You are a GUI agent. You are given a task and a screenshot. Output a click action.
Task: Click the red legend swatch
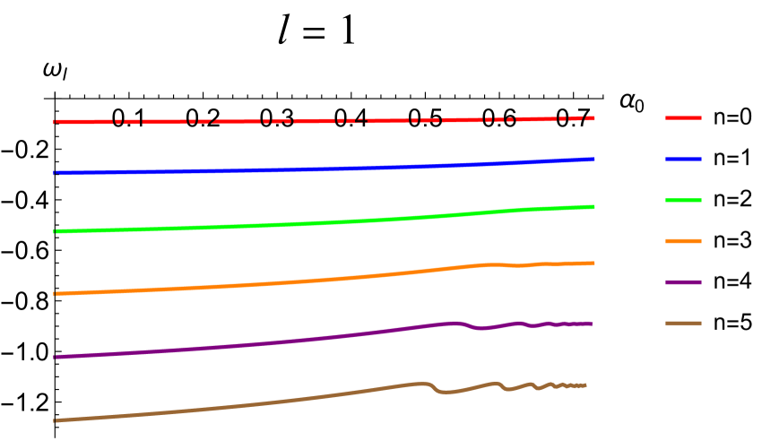[683, 117]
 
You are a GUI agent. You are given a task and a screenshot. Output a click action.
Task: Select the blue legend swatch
[683, 159]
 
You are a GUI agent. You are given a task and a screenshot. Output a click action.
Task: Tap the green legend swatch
[683, 200]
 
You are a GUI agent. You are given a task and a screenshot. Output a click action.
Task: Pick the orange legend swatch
[683, 241]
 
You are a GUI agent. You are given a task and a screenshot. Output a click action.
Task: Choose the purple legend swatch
[683, 282]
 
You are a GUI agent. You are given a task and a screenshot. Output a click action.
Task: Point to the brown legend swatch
[683, 323]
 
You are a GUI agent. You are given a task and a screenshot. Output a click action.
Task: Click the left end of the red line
[56, 122]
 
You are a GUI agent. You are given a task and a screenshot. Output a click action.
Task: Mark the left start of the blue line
[56, 172]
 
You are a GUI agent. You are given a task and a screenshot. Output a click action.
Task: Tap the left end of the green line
[56, 231]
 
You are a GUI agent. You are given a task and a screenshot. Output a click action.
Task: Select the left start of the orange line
[56, 293]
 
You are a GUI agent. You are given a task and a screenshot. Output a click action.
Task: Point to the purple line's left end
[56, 357]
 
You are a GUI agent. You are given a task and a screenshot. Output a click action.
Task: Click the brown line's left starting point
[56, 419]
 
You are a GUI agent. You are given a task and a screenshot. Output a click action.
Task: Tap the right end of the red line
[593, 117]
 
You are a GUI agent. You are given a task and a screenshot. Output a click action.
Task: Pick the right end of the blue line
[593, 159]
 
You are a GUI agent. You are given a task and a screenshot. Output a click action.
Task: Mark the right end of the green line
[593, 207]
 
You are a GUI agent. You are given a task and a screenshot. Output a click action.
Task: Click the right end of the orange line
[593, 263]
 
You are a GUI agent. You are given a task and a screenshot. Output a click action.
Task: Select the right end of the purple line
[591, 323]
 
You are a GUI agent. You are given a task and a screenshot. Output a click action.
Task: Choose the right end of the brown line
[585, 385]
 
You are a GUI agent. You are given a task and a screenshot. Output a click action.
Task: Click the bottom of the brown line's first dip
[445, 393]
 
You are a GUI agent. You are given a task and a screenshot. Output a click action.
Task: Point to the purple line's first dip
[481, 329]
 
